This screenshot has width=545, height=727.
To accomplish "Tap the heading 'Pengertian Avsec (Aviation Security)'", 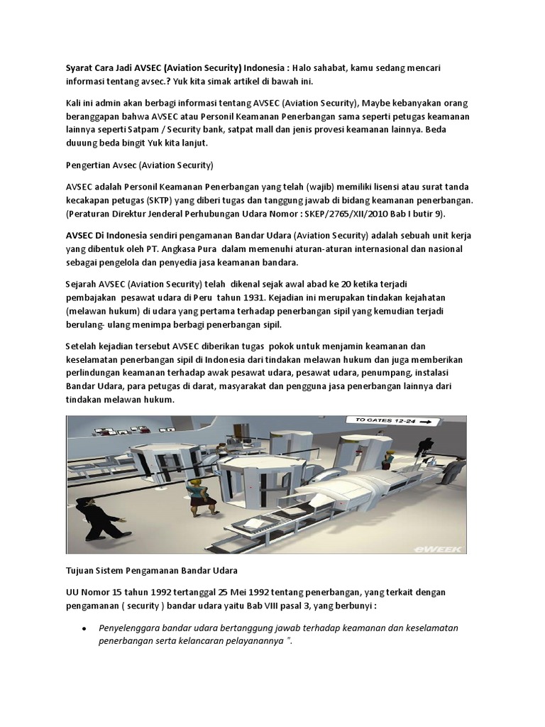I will (138, 167).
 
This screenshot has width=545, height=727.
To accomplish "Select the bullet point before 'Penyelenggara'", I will (84, 628).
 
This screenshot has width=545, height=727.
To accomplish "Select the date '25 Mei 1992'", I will (231, 592).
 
